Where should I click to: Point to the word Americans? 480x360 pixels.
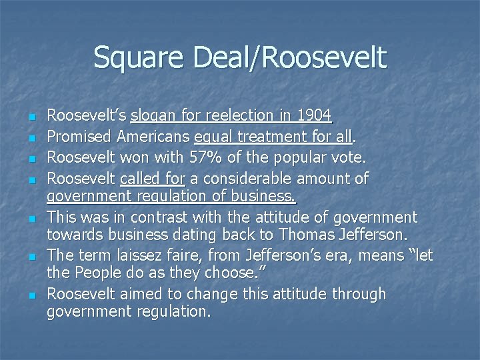point(155,137)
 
